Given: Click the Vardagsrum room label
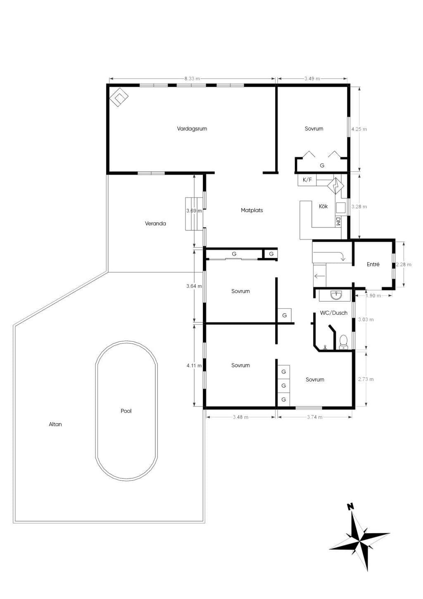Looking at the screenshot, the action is [192, 129].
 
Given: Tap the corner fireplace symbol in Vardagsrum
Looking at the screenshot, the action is [119, 97].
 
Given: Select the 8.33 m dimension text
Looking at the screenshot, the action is [192, 79].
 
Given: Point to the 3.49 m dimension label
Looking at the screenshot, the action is [312, 79].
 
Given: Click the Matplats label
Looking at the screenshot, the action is [252, 210].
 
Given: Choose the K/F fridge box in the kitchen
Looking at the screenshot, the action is [307, 180].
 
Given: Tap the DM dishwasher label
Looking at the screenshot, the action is [338, 221].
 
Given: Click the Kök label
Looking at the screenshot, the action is [323, 206].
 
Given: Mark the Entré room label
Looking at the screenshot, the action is [373, 264].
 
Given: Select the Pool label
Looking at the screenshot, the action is [126, 411].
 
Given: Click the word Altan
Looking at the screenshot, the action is [55, 424].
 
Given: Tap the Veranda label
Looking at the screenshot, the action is [155, 223].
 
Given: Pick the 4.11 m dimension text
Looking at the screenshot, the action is [194, 365].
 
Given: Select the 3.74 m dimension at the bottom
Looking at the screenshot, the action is [315, 417].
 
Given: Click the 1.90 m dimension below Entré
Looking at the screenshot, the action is [373, 295].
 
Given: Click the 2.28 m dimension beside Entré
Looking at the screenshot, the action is [404, 264].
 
